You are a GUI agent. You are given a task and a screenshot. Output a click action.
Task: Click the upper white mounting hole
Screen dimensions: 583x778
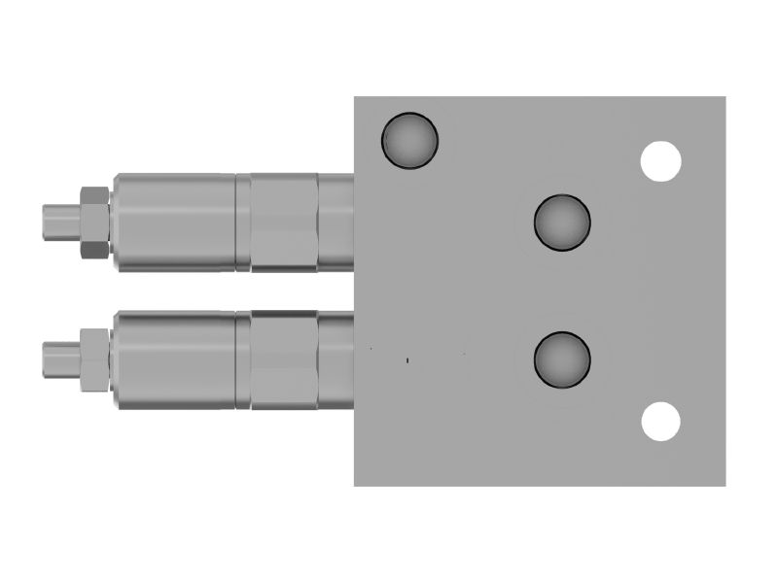pyautogui.click(x=661, y=160)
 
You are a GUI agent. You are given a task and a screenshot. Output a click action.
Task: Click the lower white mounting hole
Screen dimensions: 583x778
pyautogui.click(x=661, y=421)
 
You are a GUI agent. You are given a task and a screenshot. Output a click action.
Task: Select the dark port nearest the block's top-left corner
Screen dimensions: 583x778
pyautogui.click(x=409, y=140)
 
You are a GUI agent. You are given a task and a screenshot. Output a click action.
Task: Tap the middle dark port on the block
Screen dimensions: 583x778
pyautogui.click(x=562, y=222)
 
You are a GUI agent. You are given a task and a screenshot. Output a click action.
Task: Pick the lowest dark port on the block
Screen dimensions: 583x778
pyautogui.click(x=562, y=358)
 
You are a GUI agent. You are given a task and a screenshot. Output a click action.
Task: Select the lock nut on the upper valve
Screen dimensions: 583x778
pyautogui.click(x=92, y=222)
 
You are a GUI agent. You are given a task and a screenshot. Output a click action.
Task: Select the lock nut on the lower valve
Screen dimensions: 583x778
pyautogui.click(x=92, y=360)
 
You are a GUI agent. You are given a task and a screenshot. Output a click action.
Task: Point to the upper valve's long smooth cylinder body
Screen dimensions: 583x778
pyautogui.click(x=175, y=222)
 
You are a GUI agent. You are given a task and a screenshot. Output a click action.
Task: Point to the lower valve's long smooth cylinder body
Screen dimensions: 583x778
pyautogui.click(x=175, y=360)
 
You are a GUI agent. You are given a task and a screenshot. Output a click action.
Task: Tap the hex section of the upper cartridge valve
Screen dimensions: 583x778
pyautogui.click(x=284, y=222)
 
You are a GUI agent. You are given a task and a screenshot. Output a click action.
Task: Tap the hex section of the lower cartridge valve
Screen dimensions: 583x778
pyautogui.click(x=284, y=360)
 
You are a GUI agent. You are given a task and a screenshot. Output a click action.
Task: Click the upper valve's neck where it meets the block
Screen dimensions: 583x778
pyautogui.click(x=336, y=222)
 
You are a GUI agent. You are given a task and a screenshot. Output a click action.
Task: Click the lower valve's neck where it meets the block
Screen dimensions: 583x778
pyautogui.click(x=336, y=360)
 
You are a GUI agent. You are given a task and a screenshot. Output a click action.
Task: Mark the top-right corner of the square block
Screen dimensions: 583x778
pyautogui.click(x=725, y=97)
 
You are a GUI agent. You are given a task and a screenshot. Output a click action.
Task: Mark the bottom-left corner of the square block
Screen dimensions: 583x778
pyautogui.click(x=355, y=484)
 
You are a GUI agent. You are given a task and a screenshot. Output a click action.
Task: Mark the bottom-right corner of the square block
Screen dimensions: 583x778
pyautogui.click(x=725, y=484)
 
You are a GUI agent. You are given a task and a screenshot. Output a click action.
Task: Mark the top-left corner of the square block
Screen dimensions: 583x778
pyautogui.click(x=355, y=97)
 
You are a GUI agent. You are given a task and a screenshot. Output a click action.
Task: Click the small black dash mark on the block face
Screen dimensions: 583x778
pyautogui.click(x=407, y=360)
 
